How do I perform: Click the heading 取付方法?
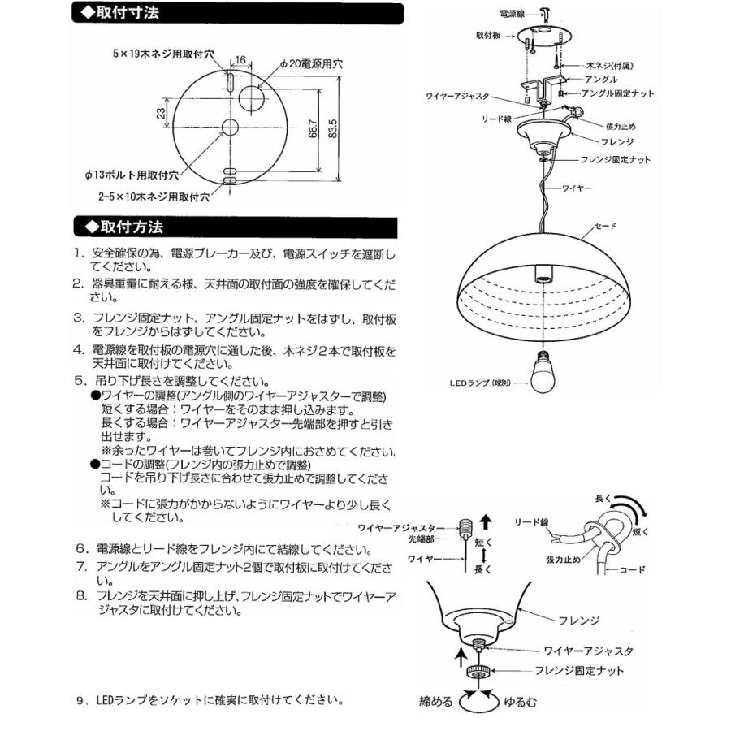tap(127, 225)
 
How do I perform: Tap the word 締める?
tap(436, 700)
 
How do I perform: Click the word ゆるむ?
tap(519, 700)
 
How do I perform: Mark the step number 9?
tap(80, 698)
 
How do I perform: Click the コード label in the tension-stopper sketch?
tap(631, 569)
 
